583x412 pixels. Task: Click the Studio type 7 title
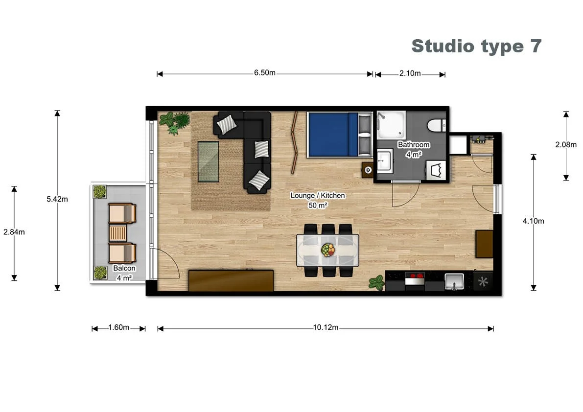point(476,46)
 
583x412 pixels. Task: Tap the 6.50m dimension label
point(265,73)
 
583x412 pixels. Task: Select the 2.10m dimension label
point(410,73)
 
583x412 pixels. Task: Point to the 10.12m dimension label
point(326,327)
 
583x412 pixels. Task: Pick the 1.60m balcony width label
point(118,327)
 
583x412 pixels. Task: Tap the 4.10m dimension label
point(533,221)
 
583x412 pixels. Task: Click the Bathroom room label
point(414,145)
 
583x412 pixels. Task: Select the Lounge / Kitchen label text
point(318,196)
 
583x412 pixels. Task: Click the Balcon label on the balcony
point(124,268)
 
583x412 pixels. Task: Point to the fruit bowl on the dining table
point(328,250)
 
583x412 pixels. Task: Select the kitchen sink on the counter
point(454,281)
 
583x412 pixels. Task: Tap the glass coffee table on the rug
point(209,161)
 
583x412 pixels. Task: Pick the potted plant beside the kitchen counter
point(376,282)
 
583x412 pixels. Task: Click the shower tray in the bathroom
point(391,125)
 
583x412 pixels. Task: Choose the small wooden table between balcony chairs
point(118,233)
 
